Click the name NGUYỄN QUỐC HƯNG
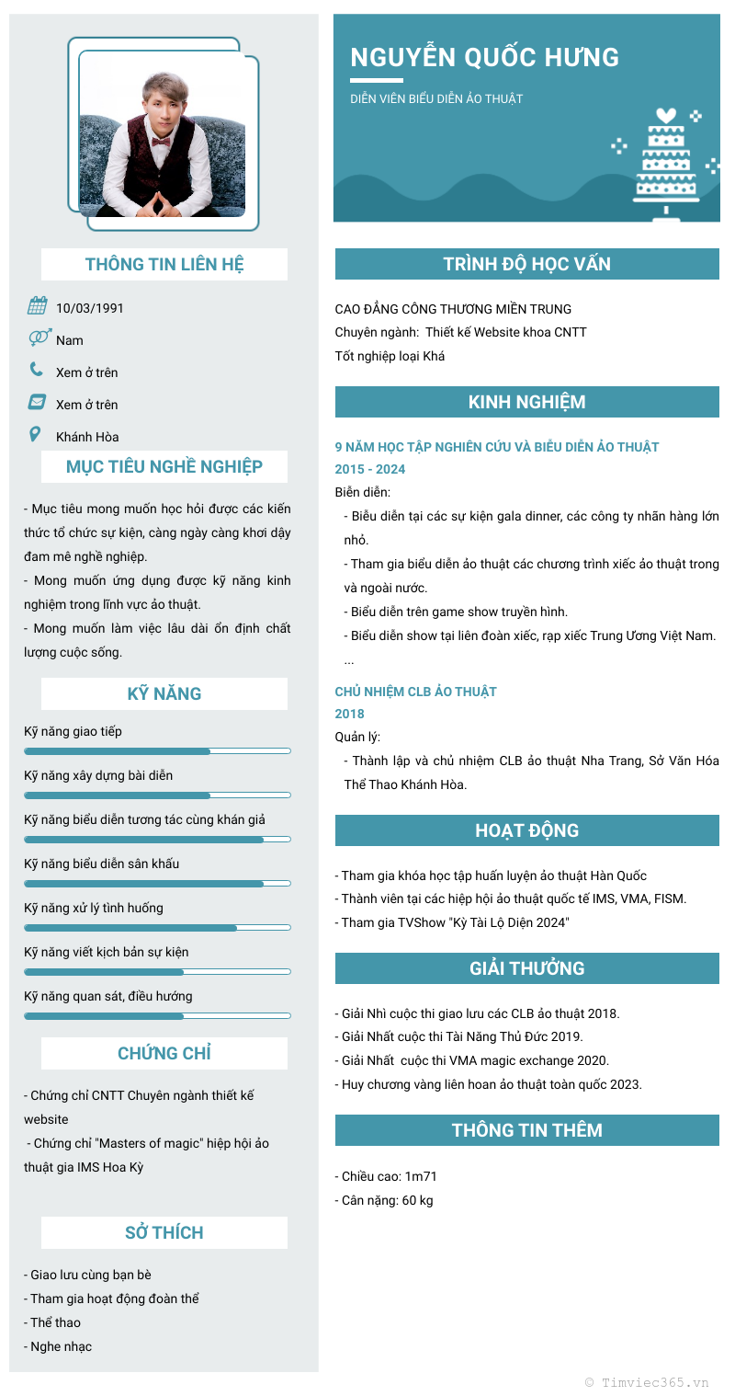485,57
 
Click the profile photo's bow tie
162,143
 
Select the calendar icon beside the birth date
37,306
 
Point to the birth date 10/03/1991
90,308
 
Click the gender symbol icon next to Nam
40,338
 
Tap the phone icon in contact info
37,370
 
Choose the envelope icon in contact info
37,402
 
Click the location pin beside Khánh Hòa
36,434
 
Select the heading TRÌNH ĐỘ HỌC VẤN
526,264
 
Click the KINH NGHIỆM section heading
526,402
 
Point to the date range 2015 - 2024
370,469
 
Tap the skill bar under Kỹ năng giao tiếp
157,751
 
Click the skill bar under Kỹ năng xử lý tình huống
157,928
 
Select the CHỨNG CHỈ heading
164,1053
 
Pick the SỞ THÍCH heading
164,1232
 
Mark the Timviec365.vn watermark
647,1381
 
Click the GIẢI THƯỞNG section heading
526,968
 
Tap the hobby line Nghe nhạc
61,1346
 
